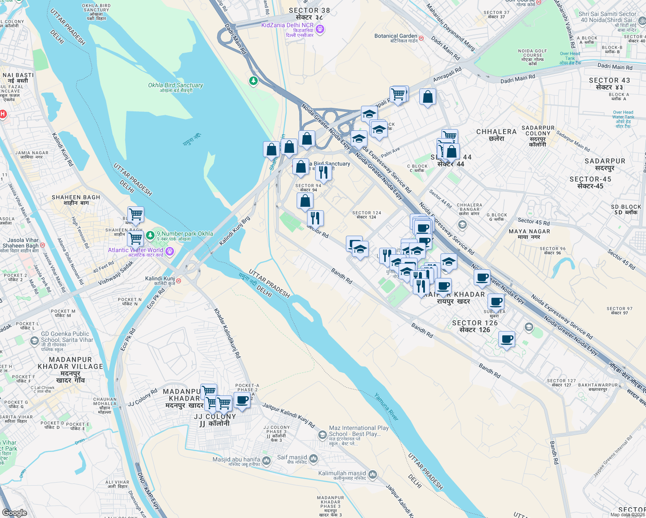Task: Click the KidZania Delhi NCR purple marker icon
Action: tap(320, 29)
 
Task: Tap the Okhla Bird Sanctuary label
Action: tap(175, 85)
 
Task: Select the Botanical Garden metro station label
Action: tap(396, 36)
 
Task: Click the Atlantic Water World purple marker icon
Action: tap(170, 251)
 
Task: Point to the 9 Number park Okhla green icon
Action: tap(150, 235)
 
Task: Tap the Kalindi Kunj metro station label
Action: tap(160, 279)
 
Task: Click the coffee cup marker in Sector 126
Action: tap(507, 339)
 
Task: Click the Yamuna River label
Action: tap(386, 407)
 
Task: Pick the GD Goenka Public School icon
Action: tap(35, 341)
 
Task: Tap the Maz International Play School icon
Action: tap(322, 435)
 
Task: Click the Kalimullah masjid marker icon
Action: tap(373, 475)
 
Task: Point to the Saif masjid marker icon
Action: tap(313, 458)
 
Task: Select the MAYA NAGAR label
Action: tap(529, 231)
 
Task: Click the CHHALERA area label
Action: tap(496, 132)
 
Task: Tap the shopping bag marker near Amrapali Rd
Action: tap(427, 98)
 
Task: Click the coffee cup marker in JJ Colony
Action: tap(242, 400)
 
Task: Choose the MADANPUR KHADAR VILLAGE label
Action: tap(70, 363)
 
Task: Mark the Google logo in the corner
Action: tap(15, 513)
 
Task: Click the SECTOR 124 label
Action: tap(367, 213)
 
